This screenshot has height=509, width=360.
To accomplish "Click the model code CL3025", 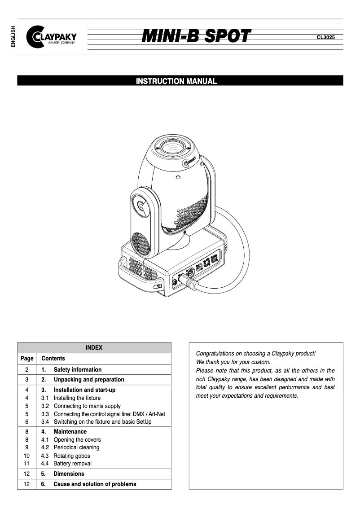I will click(x=325, y=38).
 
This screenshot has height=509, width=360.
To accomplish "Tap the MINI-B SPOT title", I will click(x=196, y=37).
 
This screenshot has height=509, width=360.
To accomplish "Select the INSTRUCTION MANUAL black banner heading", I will click(x=176, y=81).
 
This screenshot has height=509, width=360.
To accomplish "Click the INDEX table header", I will click(x=94, y=348).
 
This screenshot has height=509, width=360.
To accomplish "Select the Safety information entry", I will click(x=77, y=370).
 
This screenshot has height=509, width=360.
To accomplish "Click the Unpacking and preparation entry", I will click(x=88, y=380).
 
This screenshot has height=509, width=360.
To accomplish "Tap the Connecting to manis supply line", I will click(x=87, y=406).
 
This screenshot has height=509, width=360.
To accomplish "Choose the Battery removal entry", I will click(x=72, y=464).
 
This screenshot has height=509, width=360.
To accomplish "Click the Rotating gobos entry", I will click(x=71, y=456).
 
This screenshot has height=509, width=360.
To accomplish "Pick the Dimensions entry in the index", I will click(x=68, y=474).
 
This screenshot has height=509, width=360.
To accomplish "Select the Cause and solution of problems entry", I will click(x=94, y=484).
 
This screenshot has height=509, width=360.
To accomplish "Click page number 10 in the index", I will click(x=26, y=456).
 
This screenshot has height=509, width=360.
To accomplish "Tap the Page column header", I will click(x=27, y=359).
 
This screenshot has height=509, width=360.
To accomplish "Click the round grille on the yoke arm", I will click(x=141, y=245).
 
